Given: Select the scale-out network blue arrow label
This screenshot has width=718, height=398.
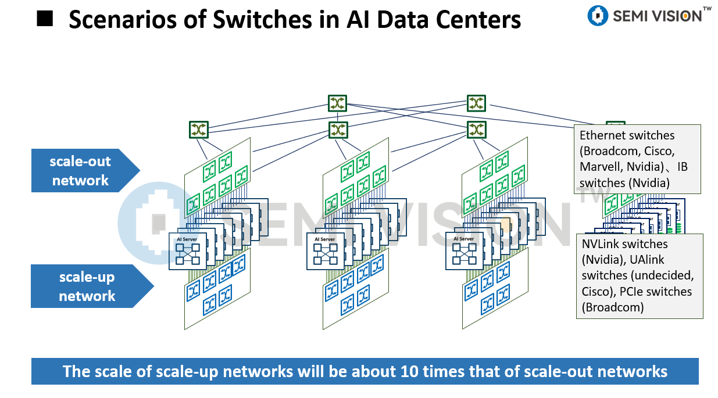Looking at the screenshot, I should click(x=81, y=171).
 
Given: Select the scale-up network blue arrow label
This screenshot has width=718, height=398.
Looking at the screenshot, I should click(x=87, y=286).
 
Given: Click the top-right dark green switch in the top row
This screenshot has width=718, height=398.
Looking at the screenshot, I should click(x=476, y=103).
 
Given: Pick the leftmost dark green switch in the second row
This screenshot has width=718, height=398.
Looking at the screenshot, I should click(x=198, y=130).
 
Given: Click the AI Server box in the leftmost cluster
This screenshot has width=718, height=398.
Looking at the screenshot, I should click(x=187, y=251).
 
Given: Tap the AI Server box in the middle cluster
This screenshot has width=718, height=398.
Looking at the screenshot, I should click(x=325, y=251).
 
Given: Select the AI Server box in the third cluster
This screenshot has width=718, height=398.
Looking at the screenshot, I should click(x=464, y=251).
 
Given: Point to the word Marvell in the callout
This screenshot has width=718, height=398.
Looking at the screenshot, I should click(x=599, y=167).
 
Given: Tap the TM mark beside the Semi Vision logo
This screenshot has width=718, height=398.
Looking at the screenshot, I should click(x=707, y=9).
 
